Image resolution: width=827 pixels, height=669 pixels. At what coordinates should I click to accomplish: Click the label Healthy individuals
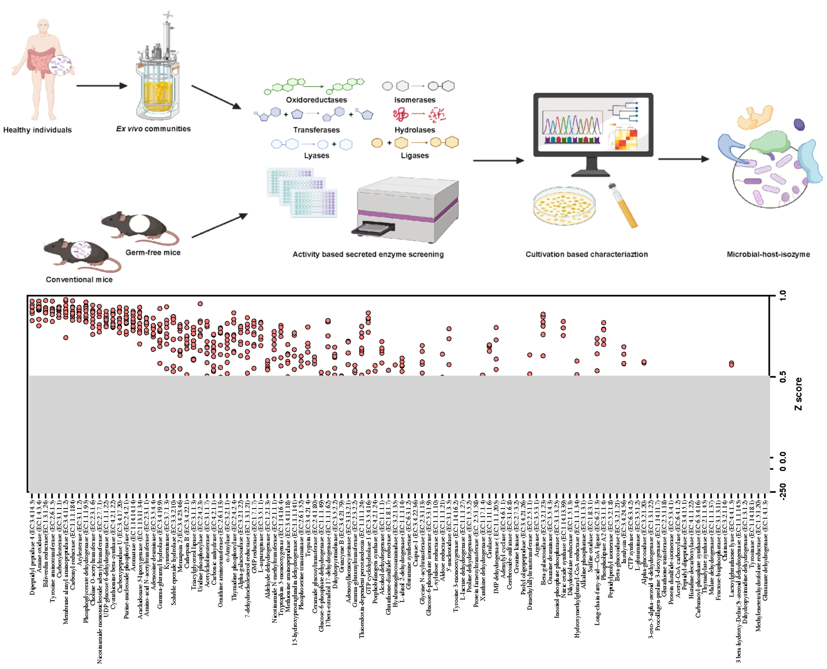click(x=38, y=130)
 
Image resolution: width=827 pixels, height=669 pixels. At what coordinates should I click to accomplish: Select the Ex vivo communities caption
click(x=153, y=129)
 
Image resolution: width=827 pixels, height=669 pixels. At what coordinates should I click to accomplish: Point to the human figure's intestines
click(x=41, y=61)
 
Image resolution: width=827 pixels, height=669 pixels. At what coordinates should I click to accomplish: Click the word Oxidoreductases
click(x=316, y=100)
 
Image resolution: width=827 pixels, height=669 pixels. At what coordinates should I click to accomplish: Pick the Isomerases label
click(x=414, y=100)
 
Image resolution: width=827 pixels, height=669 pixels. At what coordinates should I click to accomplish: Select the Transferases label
click(x=316, y=130)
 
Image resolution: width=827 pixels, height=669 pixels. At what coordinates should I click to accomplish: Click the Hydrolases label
click(x=414, y=130)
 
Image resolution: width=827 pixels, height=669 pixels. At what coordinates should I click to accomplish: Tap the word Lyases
click(x=316, y=156)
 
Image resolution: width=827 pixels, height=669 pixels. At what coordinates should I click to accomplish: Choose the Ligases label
click(x=414, y=156)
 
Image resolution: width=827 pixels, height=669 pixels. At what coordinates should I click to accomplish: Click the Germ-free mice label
click(x=153, y=252)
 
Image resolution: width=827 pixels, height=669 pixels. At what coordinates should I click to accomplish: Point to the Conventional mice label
click(x=79, y=280)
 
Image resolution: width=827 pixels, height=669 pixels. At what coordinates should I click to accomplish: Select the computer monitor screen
click(x=593, y=124)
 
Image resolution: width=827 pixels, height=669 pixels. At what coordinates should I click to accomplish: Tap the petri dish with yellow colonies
click(x=564, y=206)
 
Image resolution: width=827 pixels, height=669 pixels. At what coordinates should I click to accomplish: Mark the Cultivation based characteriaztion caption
click(x=586, y=254)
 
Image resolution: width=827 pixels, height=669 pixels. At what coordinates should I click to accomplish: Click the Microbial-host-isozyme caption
click(x=768, y=254)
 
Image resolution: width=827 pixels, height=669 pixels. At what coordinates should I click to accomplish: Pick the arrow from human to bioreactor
click(x=102, y=86)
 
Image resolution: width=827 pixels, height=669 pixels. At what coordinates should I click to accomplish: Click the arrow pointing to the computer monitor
click(x=498, y=160)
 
